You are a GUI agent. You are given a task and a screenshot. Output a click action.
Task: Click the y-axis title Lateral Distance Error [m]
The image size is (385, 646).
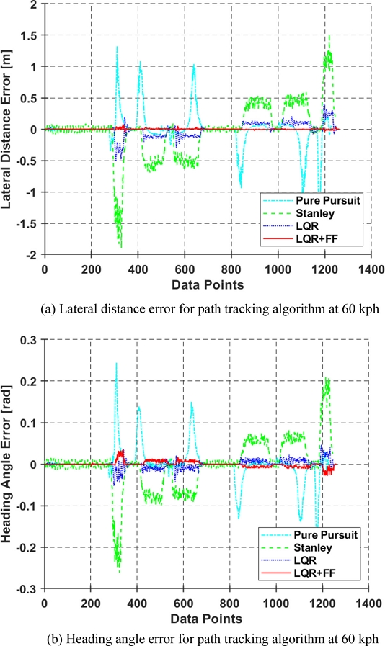(11, 128)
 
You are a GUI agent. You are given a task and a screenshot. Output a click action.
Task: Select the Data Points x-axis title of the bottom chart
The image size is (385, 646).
(206, 617)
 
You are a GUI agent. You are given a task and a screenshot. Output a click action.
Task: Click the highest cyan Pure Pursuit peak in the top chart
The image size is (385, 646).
(117, 47)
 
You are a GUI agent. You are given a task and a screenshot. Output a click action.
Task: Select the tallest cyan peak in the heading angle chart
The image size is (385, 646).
(116, 363)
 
